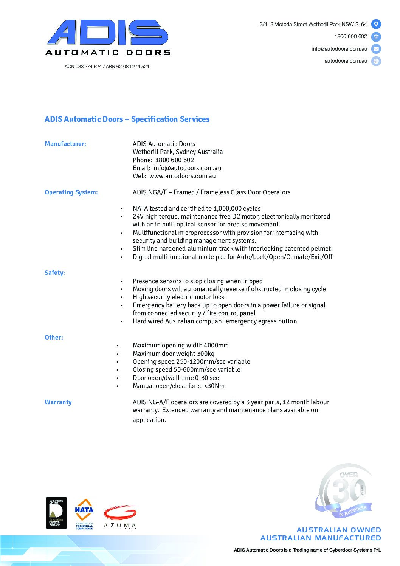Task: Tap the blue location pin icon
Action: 376,24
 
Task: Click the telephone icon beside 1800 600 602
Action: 376,37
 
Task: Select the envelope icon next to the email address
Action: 376,49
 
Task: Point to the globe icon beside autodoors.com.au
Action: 376,61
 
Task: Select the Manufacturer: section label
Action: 65,144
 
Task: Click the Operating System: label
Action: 71,192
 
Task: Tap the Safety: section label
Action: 55,273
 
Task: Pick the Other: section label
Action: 54,337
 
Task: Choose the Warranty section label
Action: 58,402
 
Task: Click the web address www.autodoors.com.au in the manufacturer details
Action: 182,176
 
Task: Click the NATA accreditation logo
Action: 84,513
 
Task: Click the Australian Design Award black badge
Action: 56,513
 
